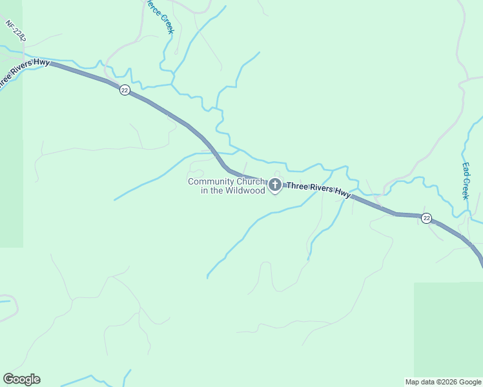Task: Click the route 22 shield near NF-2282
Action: pos(125,90)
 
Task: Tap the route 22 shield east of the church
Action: pos(426,219)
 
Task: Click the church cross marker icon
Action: pos(275,186)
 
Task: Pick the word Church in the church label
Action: pos(250,182)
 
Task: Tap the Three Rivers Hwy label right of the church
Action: pos(318,190)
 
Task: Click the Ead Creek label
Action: pos(466,180)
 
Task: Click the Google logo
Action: pos(21,379)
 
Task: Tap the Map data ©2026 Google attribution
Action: pos(443,382)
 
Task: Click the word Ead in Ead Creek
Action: pos(466,167)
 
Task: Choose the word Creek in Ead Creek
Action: pos(466,188)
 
